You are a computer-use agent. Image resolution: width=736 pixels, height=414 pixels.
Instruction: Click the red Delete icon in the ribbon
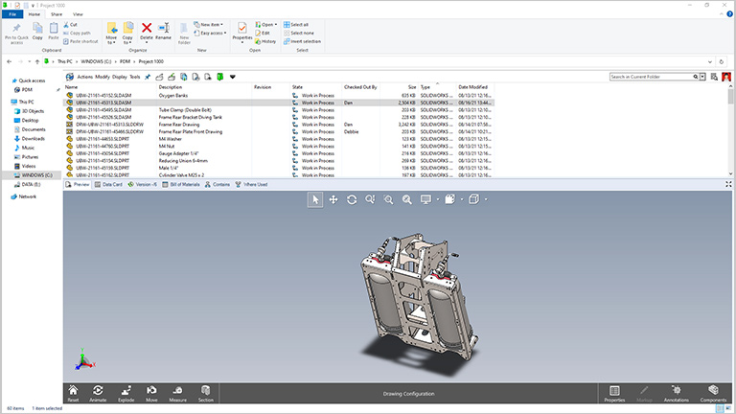pos(146,30)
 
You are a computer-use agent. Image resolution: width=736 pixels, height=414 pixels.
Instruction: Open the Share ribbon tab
pos(56,14)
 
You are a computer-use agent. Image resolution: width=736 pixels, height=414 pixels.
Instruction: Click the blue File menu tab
pos(12,14)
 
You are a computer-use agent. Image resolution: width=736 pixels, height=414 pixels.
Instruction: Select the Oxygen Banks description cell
pos(175,96)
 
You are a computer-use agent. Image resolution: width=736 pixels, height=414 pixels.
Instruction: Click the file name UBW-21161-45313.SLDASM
pos(103,103)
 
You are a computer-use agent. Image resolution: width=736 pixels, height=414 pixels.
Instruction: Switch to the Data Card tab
pos(110,184)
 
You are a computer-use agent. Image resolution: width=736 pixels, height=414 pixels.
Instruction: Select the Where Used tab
pos(254,184)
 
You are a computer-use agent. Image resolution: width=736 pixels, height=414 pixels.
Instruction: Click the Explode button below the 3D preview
pos(125,393)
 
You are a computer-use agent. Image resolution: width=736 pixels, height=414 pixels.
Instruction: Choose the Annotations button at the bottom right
pos(676,393)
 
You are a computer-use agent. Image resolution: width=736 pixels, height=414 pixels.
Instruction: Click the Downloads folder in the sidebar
pos(34,138)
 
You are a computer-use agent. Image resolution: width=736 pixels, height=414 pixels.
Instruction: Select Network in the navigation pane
pos(27,196)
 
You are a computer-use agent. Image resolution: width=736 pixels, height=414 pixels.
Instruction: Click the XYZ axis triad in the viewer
pos(83,359)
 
